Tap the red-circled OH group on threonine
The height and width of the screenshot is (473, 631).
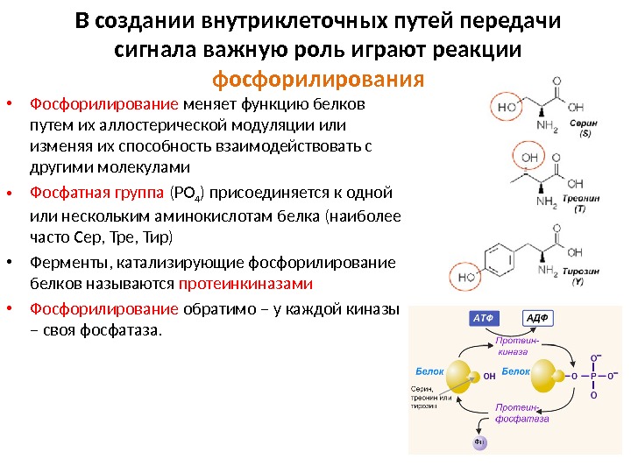click(530, 158)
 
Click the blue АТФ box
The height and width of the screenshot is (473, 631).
click(484, 319)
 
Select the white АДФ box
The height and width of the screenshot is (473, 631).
click(538, 319)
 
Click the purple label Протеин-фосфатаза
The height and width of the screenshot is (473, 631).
click(521, 413)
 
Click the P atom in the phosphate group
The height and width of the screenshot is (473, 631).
click(593, 377)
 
